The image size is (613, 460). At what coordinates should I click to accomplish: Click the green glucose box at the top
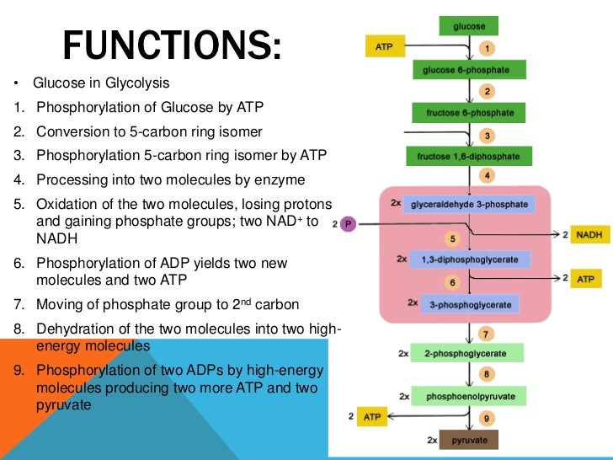(469, 27)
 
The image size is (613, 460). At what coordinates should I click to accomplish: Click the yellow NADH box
(589, 235)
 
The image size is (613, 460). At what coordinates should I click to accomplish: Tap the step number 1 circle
(486, 48)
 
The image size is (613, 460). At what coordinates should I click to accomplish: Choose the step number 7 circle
(487, 333)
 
